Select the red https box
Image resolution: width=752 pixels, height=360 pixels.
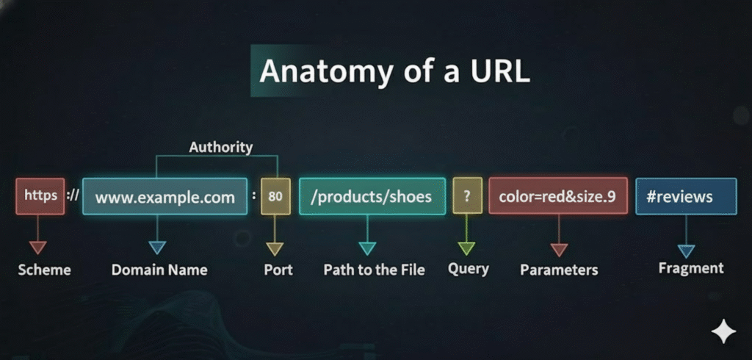point(40,196)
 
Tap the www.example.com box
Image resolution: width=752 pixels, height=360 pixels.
point(165,197)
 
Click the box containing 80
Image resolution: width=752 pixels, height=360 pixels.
point(275,197)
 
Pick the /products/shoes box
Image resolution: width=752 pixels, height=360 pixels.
point(372,197)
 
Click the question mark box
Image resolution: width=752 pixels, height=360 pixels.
point(467,196)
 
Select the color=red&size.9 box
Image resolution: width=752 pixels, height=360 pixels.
point(557,197)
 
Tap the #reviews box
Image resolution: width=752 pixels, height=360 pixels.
point(685,197)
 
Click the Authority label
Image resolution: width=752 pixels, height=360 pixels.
point(220,147)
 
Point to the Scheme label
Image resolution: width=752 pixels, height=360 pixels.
point(44,270)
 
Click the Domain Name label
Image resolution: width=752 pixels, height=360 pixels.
point(159,270)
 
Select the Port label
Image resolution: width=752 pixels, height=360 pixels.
point(278,270)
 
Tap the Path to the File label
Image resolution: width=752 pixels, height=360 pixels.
point(374,270)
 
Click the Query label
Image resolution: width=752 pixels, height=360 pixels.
point(469,269)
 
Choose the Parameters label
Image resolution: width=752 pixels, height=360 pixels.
point(559,270)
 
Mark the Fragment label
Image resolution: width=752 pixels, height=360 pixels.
point(690,268)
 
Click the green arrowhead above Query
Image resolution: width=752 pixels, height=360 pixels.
point(467,248)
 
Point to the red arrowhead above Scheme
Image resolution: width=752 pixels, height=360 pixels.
point(37,248)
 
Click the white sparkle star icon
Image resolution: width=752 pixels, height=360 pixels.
point(723,332)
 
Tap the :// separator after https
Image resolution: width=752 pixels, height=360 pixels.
point(72,197)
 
